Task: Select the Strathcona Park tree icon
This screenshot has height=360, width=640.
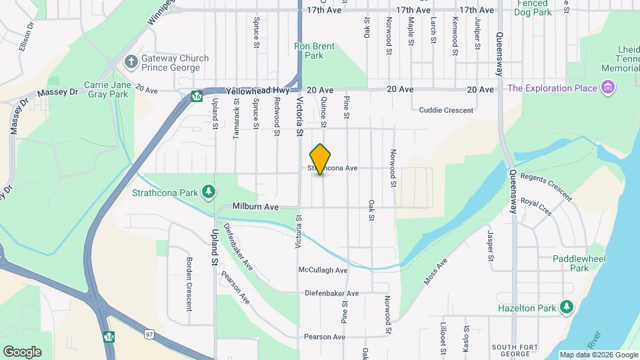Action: click(x=209, y=193)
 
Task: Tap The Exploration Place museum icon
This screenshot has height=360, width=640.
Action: click(x=607, y=87)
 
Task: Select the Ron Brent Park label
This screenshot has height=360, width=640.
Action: click(x=314, y=51)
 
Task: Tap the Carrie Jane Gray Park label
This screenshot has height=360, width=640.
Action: click(x=107, y=89)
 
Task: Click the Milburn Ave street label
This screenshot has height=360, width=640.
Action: click(x=255, y=207)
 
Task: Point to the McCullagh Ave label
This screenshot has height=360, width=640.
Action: click(x=323, y=270)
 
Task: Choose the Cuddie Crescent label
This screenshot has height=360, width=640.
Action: click(x=446, y=110)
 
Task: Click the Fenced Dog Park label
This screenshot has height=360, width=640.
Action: click(x=533, y=7)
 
